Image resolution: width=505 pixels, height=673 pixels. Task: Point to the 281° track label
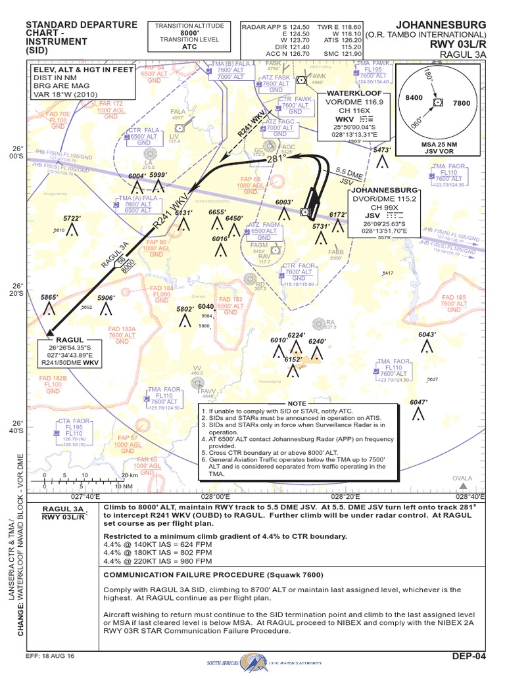(276, 160)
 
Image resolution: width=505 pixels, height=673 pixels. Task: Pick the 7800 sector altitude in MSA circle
(462, 103)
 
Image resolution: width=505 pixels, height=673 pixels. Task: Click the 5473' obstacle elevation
(383, 150)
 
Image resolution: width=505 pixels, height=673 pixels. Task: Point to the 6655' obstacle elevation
(218, 212)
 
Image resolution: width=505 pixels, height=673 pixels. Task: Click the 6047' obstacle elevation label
(419, 402)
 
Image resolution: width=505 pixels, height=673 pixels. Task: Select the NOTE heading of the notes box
(298, 403)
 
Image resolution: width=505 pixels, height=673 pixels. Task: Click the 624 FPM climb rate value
(194, 545)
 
